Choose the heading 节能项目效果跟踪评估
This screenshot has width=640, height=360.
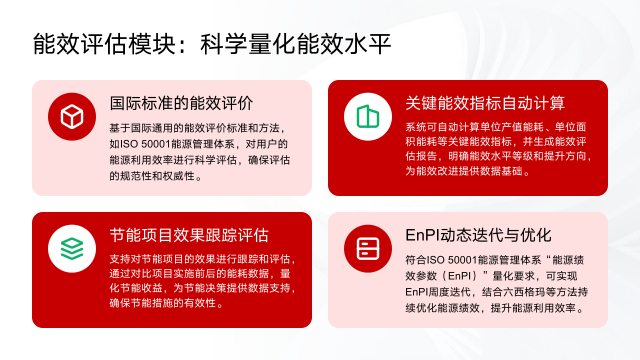click(x=189, y=236)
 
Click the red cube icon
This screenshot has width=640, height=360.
click(x=71, y=116)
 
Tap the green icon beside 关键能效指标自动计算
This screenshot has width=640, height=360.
click(x=367, y=116)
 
